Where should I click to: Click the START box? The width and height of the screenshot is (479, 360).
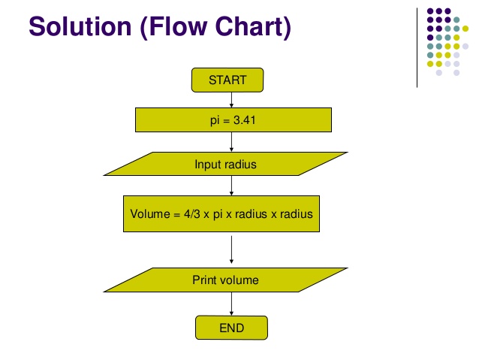(227, 80)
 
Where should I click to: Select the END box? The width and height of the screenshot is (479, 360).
(231, 328)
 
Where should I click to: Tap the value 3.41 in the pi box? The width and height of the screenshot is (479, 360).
(245, 120)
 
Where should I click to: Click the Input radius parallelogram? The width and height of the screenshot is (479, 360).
(226, 164)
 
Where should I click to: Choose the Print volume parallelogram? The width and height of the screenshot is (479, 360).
(226, 280)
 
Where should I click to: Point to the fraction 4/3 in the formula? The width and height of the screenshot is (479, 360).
(192, 213)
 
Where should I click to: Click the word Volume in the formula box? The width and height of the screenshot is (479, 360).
(150, 213)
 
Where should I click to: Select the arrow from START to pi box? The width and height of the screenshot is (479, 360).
(231, 100)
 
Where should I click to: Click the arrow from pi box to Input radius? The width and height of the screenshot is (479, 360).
(231, 142)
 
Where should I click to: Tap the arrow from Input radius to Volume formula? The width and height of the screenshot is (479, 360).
(231, 186)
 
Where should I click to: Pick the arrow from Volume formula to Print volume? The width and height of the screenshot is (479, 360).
(231, 250)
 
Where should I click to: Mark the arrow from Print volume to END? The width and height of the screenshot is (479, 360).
(231, 304)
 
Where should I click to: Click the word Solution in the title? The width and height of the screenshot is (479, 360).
(80, 26)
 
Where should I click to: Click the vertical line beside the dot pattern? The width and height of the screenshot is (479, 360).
(417, 47)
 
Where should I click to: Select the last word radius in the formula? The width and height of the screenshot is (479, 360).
(297, 213)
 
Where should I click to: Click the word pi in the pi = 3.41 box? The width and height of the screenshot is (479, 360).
(215, 120)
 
